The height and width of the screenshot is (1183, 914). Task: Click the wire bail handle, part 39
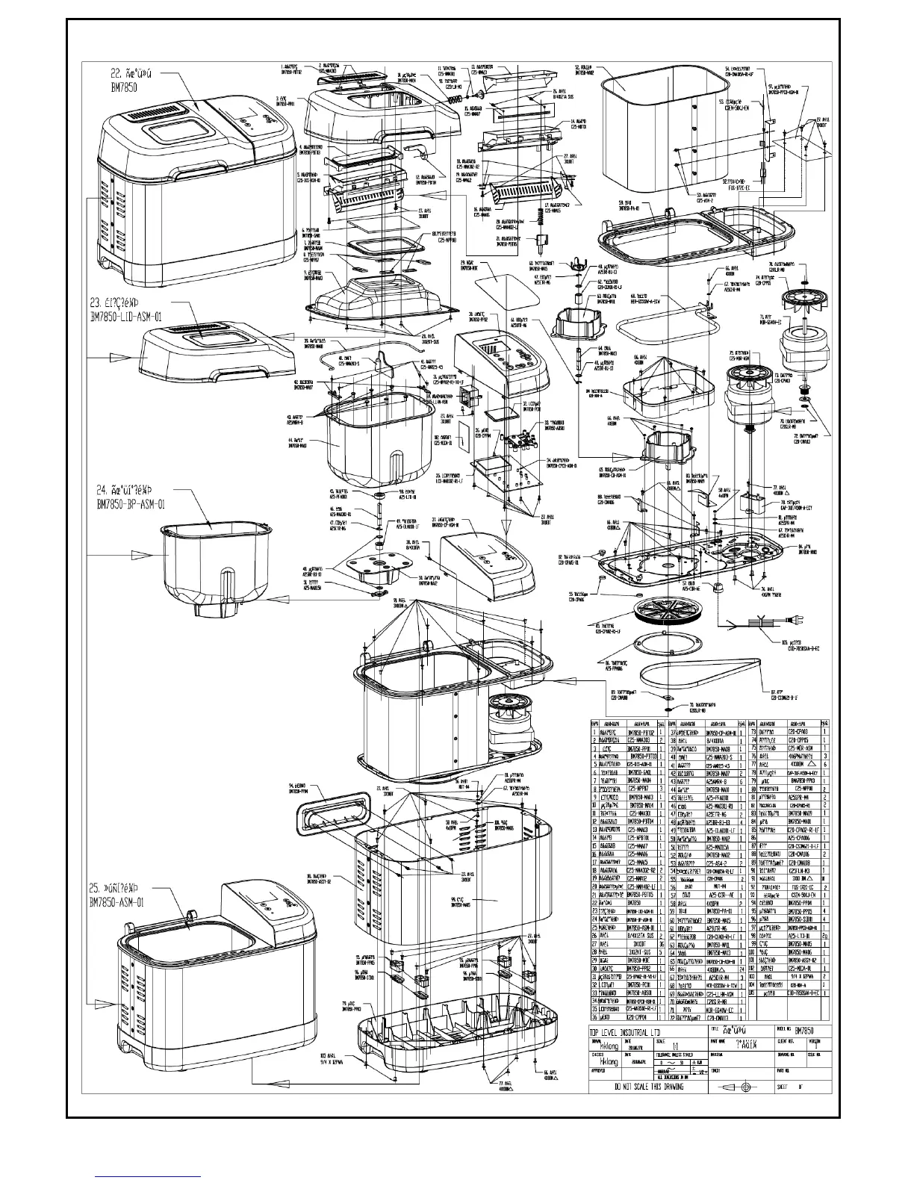click(329, 353)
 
